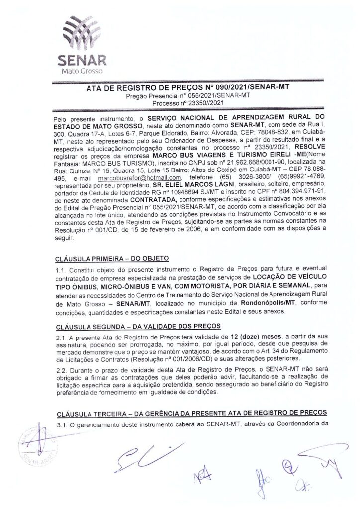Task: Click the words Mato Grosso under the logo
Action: [82, 72]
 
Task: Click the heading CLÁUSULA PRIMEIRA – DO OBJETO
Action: [113, 258]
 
